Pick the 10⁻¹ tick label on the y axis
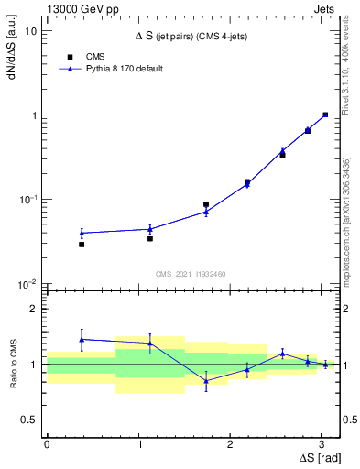tap(28, 200)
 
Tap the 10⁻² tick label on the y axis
tap(28, 284)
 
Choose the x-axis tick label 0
tap(47, 443)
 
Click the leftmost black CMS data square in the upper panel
tap(82, 245)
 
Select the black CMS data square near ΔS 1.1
tap(150, 238)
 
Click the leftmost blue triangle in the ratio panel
tap(82, 339)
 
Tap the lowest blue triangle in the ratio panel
tap(206, 381)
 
